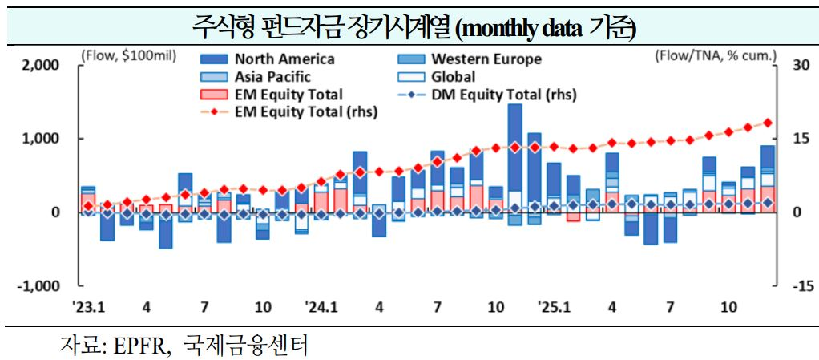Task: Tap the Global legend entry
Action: pos(453,77)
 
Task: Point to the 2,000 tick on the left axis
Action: pos(40,65)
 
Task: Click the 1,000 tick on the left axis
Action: pos(40,139)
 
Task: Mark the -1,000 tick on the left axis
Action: pos(38,286)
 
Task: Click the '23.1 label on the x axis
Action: pos(88,307)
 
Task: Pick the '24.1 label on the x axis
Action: pos(321,307)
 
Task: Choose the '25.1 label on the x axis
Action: pos(553,307)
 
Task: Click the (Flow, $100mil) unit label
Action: pos(128,56)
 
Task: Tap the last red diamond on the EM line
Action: pos(767,123)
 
